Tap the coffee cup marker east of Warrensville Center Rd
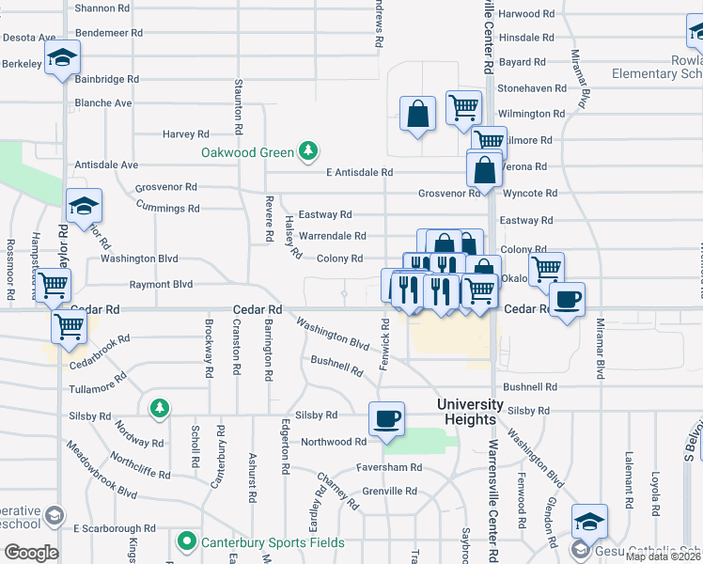[567, 301]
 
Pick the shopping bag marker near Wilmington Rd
[417, 115]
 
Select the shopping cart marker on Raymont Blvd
[53, 284]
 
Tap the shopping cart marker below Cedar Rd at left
[69, 328]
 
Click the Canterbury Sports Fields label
[262, 542]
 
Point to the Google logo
[30, 553]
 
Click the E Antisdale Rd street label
[359, 173]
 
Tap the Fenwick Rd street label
[384, 344]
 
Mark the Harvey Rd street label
[185, 134]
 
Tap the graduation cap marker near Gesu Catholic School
[589, 522]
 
